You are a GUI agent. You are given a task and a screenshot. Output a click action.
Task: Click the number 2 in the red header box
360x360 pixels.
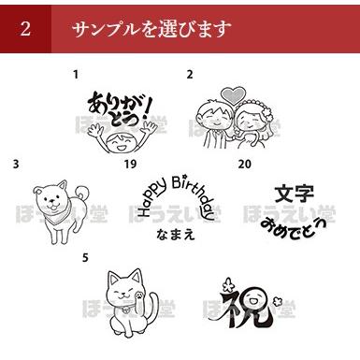coord(25,28)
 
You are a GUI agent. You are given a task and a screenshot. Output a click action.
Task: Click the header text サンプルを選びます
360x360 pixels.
coord(151,28)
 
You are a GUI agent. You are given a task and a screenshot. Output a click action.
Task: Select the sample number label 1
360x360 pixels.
coord(77,72)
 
